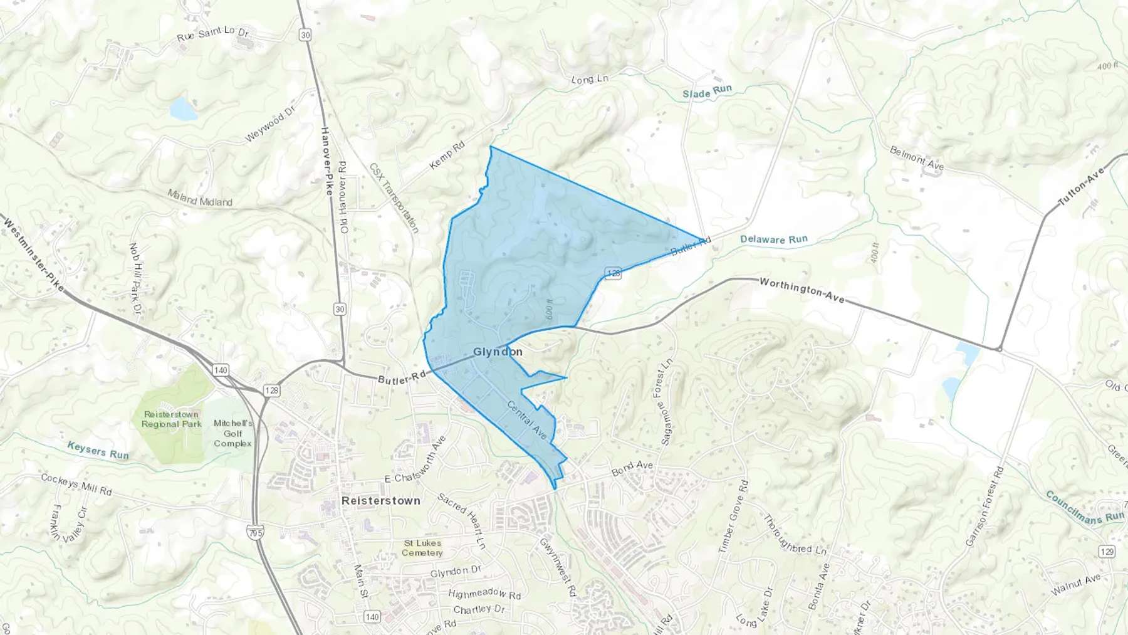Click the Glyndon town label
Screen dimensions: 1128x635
coord(498,352)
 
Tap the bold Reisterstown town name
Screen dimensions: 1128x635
coord(380,501)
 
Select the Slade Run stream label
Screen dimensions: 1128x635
coord(707,92)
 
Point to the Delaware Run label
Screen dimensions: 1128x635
coord(773,239)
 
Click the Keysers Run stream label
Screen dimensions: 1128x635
coord(98,450)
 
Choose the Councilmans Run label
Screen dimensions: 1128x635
coord(1085,506)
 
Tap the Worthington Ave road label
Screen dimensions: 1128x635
coord(802,290)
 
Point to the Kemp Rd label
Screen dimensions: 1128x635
coord(447,155)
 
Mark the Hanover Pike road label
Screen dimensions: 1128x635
coord(326,161)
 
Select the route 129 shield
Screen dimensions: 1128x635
coord(1107,551)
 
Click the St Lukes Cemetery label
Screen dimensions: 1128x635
coord(422,548)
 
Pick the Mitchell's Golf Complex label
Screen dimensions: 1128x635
coord(232,433)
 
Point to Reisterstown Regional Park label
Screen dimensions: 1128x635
coord(171,419)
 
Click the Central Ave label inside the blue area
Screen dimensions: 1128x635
coord(527,419)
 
